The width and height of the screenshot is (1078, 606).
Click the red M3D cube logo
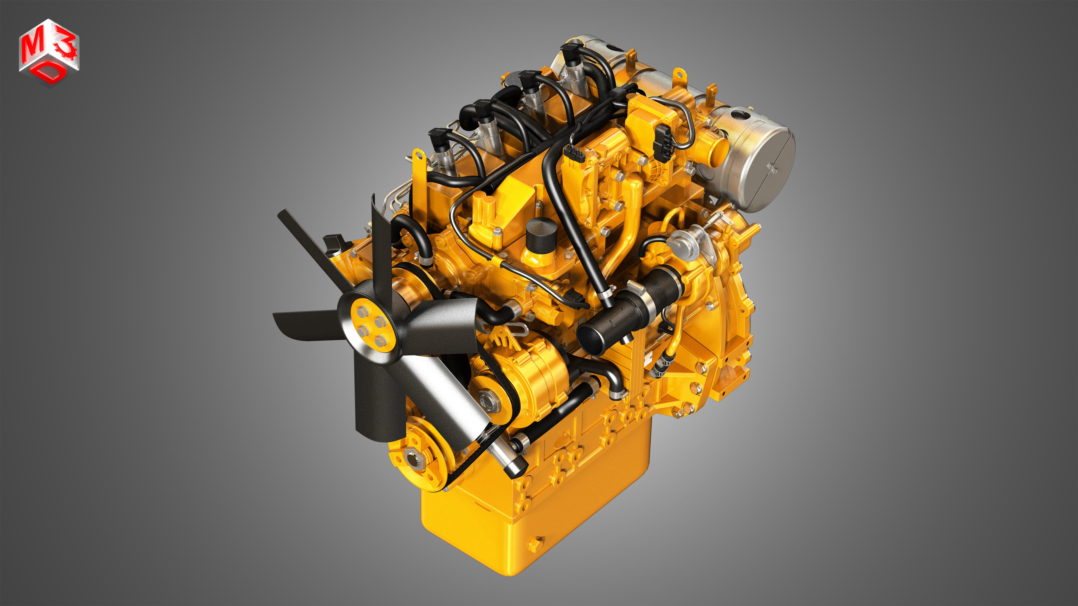coord(49,52)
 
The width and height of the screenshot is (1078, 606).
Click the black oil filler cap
coord(541,235)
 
